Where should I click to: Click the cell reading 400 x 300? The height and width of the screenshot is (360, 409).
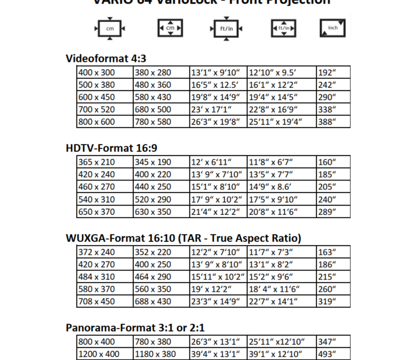[x=105, y=72]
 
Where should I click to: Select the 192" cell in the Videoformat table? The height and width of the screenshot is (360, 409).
[x=333, y=72]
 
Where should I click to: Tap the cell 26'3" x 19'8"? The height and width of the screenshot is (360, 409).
[x=218, y=122]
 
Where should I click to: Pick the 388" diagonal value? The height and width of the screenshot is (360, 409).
[x=333, y=122]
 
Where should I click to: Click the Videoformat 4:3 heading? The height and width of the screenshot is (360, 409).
[x=106, y=58]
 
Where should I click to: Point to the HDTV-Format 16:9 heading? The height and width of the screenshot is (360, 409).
[x=112, y=148]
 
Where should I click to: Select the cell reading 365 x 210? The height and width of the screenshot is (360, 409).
[x=105, y=162]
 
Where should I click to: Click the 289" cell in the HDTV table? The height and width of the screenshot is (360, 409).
[x=333, y=212]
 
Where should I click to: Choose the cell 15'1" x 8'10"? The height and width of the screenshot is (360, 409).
[x=218, y=187]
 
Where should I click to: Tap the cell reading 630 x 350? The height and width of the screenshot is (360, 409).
[x=161, y=212]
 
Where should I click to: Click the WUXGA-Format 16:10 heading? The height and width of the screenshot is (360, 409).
[x=183, y=238]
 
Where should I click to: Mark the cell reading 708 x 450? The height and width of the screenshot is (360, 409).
[x=105, y=301]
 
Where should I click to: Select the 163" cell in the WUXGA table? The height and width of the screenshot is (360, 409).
[x=333, y=252]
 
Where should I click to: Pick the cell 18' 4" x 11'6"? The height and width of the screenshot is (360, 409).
[x=281, y=289]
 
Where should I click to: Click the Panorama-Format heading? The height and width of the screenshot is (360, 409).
[x=135, y=327]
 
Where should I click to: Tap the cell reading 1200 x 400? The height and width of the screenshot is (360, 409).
[x=105, y=354]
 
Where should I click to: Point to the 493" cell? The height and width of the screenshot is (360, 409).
[x=333, y=354]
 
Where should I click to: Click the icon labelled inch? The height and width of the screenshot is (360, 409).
[x=333, y=28]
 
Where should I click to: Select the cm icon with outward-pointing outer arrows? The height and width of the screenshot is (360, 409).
[x=110, y=28]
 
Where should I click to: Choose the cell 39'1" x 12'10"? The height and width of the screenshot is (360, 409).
[x=281, y=354]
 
